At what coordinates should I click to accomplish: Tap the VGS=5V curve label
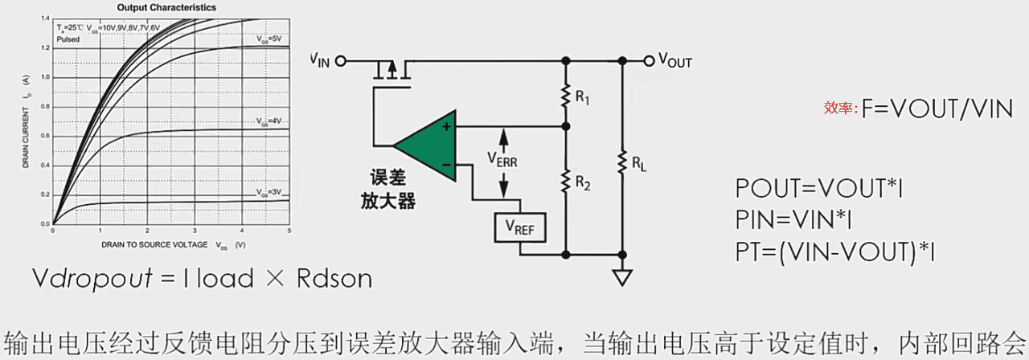click(x=269, y=39)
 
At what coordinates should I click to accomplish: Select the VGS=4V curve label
click(x=269, y=121)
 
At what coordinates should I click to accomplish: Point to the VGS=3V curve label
click(x=269, y=192)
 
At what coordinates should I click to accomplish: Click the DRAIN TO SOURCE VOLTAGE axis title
click(x=173, y=243)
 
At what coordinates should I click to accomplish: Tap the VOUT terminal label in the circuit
click(x=674, y=60)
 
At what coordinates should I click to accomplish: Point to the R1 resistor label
click(x=584, y=100)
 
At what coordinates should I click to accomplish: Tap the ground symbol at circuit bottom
click(x=622, y=277)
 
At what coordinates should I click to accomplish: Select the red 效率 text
click(x=841, y=109)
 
